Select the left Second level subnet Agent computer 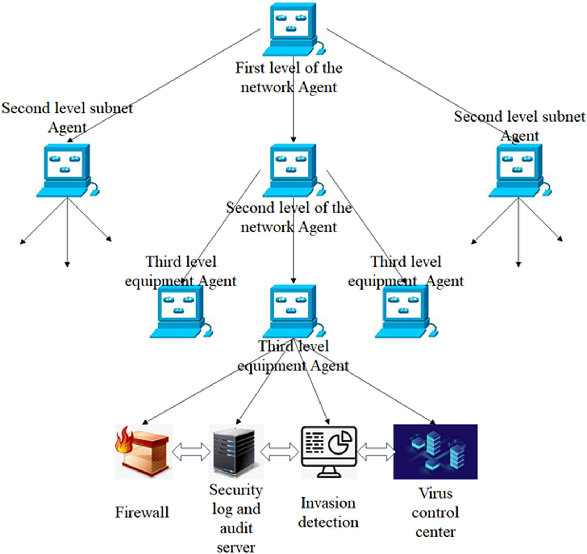[x=67, y=170]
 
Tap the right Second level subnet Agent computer [x=519, y=170]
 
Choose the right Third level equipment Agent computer [x=406, y=311]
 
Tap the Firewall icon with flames [x=143, y=451]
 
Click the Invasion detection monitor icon [x=329, y=451]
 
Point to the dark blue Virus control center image [x=435, y=451]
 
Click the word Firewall [x=142, y=512]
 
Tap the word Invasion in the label [x=328, y=503]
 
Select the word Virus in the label [x=435, y=493]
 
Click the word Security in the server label [x=236, y=490]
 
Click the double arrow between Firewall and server [x=191, y=452]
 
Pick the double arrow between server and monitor [x=280, y=452]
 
